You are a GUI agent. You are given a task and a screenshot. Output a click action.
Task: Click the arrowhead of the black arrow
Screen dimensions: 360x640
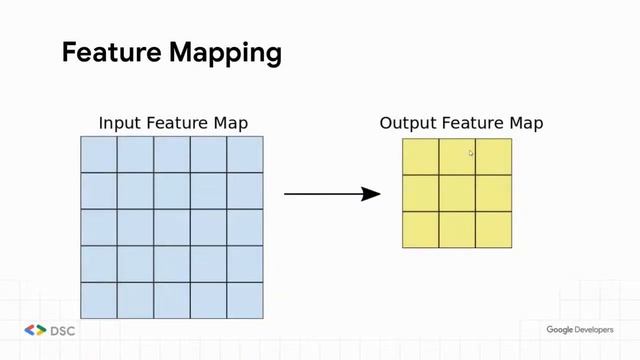(x=372, y=193)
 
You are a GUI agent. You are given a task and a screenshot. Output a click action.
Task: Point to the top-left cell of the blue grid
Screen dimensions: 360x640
(x=99, y=154)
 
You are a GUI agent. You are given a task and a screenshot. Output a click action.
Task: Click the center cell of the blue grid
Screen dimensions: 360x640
(x=172, y=227)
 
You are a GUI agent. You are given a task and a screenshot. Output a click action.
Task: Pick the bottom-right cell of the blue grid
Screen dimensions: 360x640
(x=245, y=300)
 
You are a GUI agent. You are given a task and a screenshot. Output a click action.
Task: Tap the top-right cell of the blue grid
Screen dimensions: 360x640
(x=245, y=154)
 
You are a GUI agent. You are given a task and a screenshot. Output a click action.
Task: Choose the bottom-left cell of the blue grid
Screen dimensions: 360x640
(x=99, y=300)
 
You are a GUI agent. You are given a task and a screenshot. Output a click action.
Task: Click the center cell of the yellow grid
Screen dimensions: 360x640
(x=457, y=193)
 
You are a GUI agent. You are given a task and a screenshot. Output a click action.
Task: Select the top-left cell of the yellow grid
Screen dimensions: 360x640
(x=421, y=156)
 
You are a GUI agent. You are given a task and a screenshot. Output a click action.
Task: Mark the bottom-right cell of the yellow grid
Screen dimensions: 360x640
(x=494, y=229)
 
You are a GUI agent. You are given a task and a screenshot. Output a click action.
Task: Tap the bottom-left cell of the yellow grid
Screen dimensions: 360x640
(x=421, y=229)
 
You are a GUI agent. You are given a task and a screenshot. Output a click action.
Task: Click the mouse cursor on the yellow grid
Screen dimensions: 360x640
(x=471, y=153)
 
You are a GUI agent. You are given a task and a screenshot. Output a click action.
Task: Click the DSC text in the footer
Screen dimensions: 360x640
(x=63, y=330)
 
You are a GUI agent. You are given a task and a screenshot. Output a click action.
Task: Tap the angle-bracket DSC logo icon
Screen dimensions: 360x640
(x=35, y=330)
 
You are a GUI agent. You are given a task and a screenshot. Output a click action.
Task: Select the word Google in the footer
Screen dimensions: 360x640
(x=558, y=330)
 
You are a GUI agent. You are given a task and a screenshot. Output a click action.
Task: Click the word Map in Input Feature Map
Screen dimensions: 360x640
(x=230, y=124)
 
